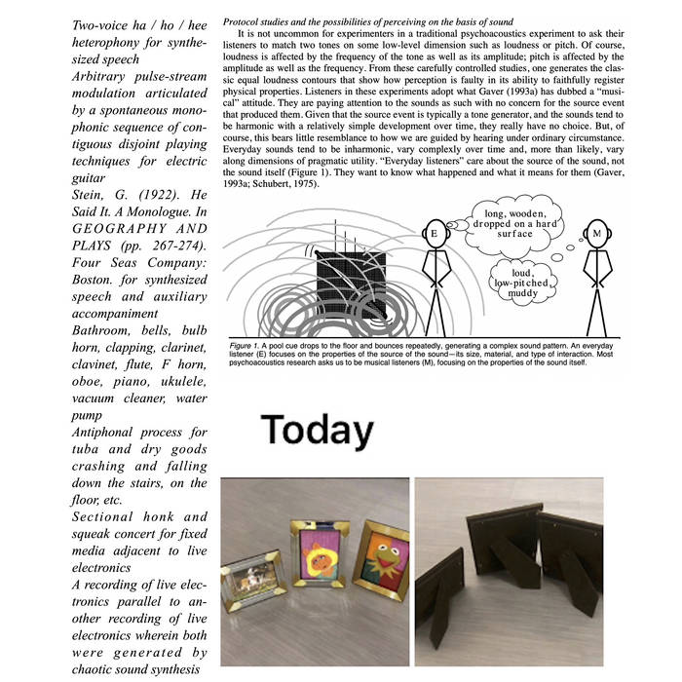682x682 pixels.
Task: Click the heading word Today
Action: pos(318,430)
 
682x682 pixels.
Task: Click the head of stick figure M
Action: pos(597,234)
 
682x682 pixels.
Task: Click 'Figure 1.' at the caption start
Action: pos(245,344)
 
